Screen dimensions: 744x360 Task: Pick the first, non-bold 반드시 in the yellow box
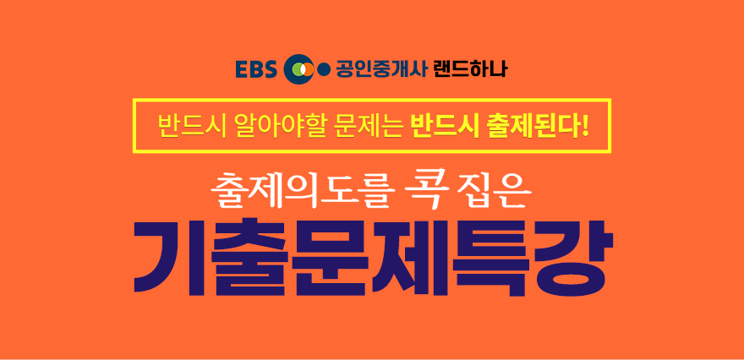(x=185, y=126)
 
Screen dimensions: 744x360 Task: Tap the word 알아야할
(x=274, y=126)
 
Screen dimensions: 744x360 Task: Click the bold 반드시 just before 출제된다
(x=440, y=126)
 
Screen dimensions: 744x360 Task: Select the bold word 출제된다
(x=531, y=126)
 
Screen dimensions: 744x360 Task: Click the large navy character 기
(x=169, y=257)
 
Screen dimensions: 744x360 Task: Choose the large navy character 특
(x=490, y=257)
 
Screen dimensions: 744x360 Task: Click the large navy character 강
(x=572, y=257)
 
